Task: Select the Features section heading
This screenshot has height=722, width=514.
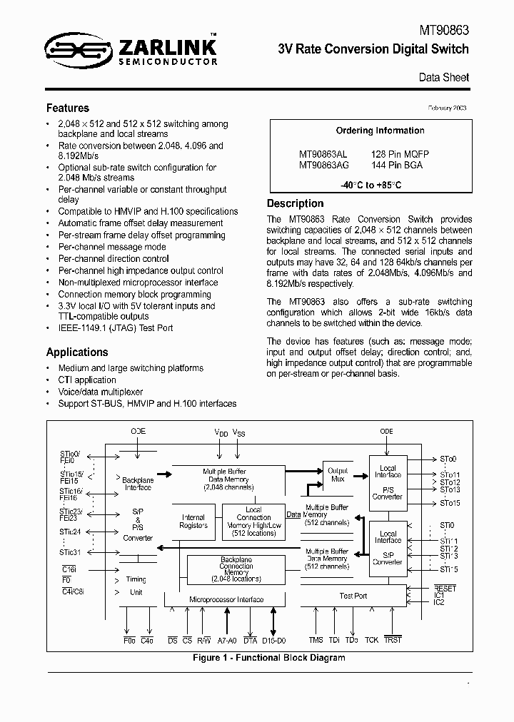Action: point(68,108)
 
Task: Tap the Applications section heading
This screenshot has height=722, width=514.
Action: point(77,352)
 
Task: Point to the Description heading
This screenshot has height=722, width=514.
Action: point(295,203)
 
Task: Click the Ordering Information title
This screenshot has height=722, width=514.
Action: point(380,131)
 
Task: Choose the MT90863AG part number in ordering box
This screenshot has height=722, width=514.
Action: point(323,165)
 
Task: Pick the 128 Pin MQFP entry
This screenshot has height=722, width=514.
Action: point(400,154)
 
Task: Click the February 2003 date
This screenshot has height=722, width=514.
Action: point(447,108)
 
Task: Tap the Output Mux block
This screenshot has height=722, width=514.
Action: point(337,474)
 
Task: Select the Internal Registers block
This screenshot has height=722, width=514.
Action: point(193,522)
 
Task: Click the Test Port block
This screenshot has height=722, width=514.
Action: point(353,596)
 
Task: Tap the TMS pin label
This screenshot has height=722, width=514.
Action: point(316,640)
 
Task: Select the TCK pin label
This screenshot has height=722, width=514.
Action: point(371,640)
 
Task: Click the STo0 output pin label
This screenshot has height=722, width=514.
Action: point(448,459)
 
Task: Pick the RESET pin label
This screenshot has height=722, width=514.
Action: point(444,589)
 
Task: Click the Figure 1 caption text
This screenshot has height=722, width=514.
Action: point(269,657)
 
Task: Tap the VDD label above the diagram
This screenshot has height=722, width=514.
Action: point(222,433)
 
